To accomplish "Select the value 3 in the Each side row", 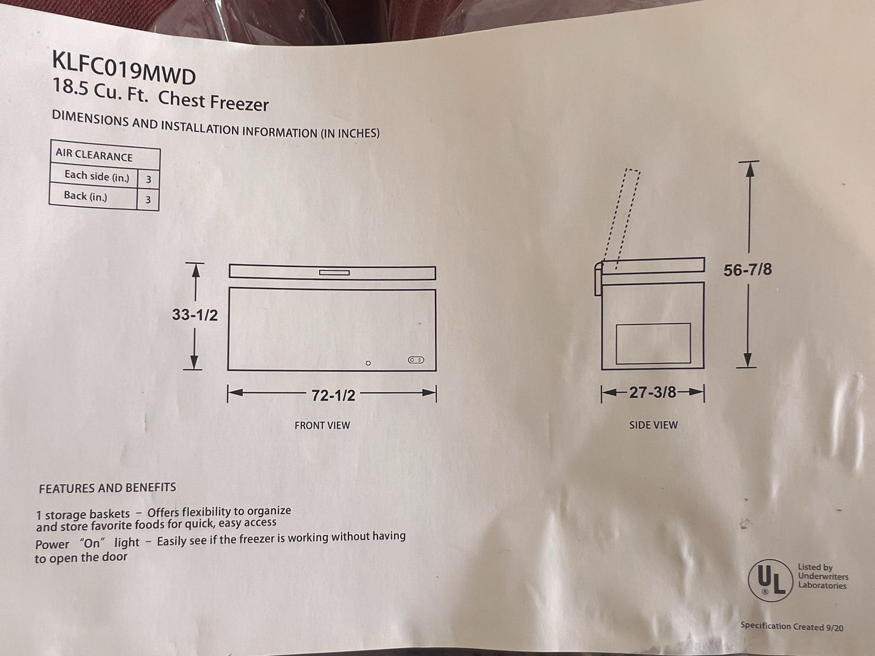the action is (x=148, y=179).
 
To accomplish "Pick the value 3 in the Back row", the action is (x=148, y=199).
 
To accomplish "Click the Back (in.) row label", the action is (x=85, y=196).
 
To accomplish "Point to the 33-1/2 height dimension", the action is (x=195, y=315).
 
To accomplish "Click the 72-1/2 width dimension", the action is (x=333, y=395).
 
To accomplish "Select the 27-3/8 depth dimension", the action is (x=652, y=393).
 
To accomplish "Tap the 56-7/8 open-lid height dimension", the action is (x=748, y=270).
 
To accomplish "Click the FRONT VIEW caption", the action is (x=322, y=425).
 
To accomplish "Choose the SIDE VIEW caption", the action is (x=654, y=425).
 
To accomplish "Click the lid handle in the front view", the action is (x=335, y=273).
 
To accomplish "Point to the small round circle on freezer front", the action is (x=368, y=363).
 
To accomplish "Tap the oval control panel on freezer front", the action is (x=416, y=360).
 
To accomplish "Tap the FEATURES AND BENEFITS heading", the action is (x=107, y=488).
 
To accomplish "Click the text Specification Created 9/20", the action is (x=792, y=626).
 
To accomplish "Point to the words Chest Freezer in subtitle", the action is (x=213, y=101).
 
